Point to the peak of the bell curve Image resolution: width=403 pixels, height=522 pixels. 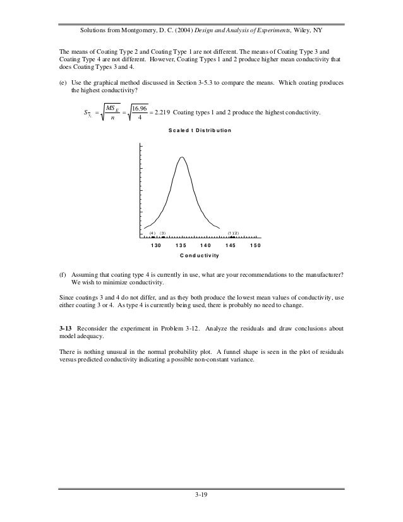[182, 157]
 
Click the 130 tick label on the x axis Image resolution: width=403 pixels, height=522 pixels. [157, 245]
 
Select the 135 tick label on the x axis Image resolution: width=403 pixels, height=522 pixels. [181, 245]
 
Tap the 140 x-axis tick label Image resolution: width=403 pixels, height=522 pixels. [205, 245]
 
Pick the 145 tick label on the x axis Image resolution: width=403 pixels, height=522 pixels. [231, 245]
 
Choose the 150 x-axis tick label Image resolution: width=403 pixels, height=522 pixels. [255, 245]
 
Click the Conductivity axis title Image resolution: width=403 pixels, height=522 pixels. [199, 256]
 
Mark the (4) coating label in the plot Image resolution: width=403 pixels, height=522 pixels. [152, 233]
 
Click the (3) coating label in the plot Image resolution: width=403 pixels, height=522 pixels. [162, 233]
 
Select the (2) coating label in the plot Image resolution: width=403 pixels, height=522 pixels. [235, 233]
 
